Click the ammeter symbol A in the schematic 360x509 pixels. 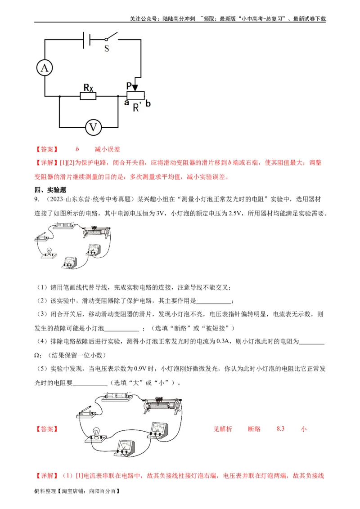coord(45,68)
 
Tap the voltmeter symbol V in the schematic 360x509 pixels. coord(93,128)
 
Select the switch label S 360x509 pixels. coord(107,48)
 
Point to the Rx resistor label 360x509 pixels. coord(89,88)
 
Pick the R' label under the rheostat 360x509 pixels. coord(137,107)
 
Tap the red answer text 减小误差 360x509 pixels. coord(107,149)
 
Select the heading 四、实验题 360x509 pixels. coord(50,190)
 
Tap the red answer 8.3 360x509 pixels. coord(281,429)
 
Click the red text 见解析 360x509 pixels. coord(223,429)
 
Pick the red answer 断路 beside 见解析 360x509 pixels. coord(254,429)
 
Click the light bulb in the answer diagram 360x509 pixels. coord(95,433)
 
